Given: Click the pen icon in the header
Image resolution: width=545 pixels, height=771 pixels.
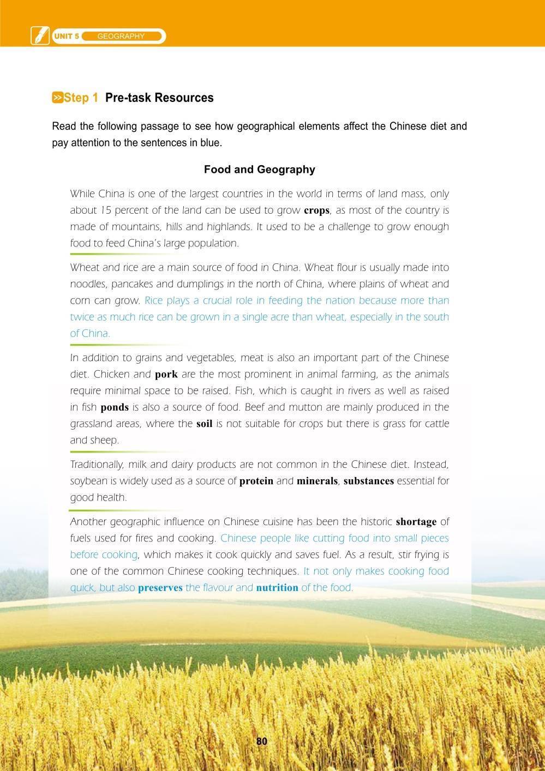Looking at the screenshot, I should click(40, 35).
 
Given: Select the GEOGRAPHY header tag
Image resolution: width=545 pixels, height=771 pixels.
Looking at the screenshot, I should click(121, 37).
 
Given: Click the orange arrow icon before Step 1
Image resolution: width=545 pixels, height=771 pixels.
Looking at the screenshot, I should click(57, 98).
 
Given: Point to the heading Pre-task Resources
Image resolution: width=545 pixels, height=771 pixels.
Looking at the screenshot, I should click(159, 98).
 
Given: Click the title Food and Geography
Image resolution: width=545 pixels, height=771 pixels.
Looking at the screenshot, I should click(259, 169).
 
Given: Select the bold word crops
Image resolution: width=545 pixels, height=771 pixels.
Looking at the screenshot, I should click(316, 210).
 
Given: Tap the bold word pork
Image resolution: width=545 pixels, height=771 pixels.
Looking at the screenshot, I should click(166, 375).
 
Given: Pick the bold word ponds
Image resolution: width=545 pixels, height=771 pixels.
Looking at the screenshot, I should click(115, 407).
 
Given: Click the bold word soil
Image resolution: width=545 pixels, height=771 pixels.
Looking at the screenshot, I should click(204, 424).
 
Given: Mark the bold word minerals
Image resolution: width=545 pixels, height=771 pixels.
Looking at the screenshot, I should click(317, 481).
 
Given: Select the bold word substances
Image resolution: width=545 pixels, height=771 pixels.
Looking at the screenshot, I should click(368, 481).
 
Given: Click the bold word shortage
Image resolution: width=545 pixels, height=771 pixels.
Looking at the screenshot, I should click(416, 522).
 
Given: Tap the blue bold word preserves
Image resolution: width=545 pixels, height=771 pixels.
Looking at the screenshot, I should click(160, 588).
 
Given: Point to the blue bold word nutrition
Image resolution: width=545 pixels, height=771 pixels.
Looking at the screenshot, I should click(277, 588).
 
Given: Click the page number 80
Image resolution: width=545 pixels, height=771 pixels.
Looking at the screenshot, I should click(262, 741).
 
